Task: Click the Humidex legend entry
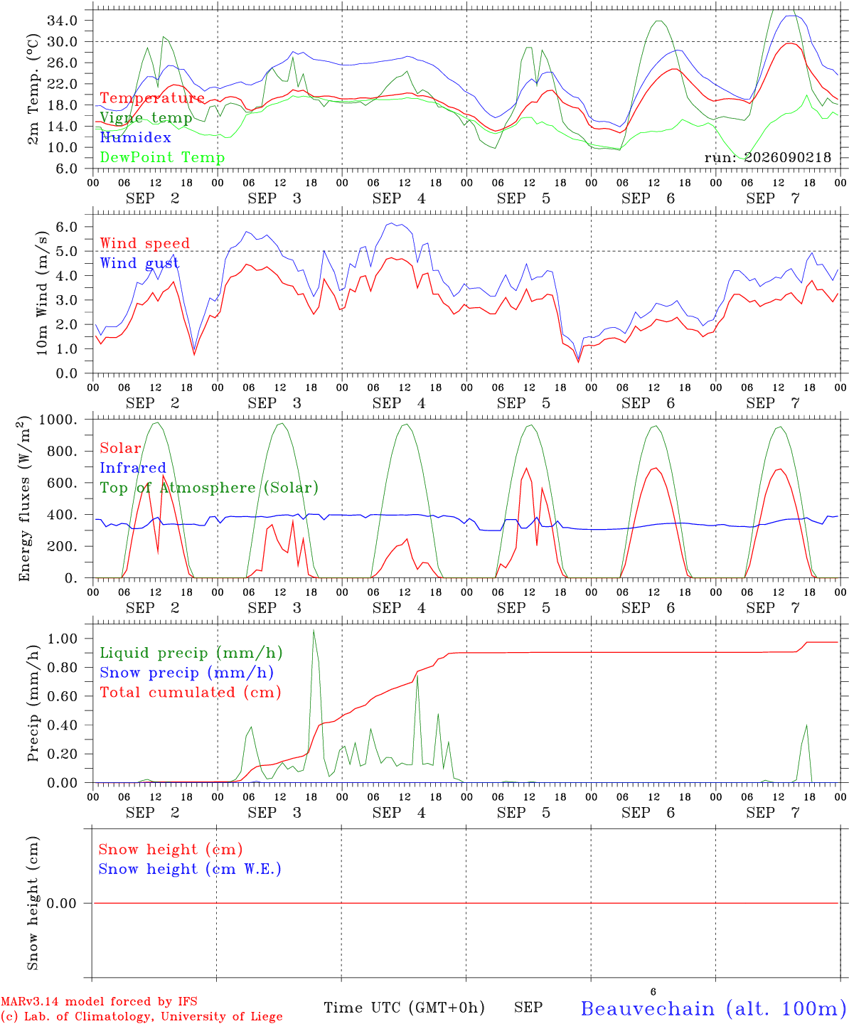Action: pos(135,137)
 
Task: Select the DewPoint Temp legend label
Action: pos(162,157)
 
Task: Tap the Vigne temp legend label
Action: pos(146,118)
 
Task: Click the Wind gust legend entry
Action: pos(139,263)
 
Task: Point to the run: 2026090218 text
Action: pos(767,157)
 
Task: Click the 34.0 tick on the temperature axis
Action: pos(63,21)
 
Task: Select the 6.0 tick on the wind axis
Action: pos(66,227)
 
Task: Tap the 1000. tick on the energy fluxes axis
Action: pos(58,420)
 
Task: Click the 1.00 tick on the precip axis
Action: pos(63,639)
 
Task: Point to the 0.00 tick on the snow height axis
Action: pos(62,903)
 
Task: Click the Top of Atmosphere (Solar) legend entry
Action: pos(210,488)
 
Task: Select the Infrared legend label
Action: pos(133,468)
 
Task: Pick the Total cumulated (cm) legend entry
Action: pos(191,693)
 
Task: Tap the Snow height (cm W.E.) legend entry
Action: pos(190,869)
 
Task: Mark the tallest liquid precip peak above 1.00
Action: pos(314,630)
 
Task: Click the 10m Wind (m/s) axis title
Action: pos(42,292)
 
